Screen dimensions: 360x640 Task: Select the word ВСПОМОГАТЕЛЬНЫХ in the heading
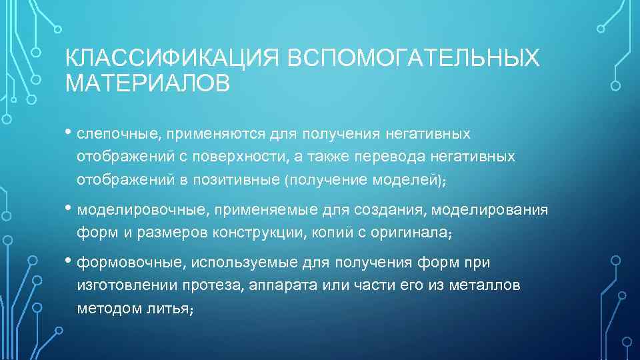coord(413,59)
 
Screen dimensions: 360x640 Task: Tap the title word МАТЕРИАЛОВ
coord(147,84)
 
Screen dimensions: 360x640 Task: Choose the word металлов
coord(487,285)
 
